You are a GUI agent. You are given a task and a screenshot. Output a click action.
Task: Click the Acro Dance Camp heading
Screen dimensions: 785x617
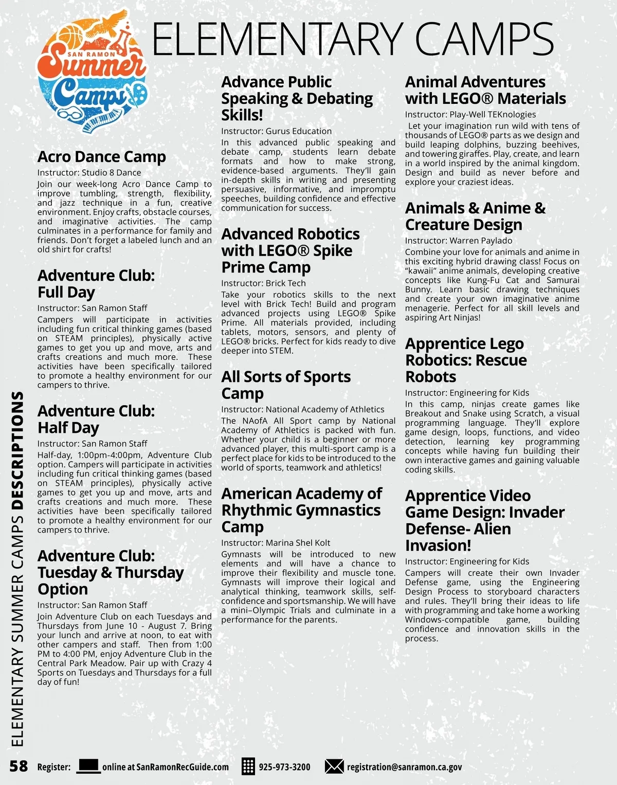(102, 157)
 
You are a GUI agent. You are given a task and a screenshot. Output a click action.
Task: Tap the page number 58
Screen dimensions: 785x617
(19, 766)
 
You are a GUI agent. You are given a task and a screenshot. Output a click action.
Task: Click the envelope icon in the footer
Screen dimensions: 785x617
(334, 766)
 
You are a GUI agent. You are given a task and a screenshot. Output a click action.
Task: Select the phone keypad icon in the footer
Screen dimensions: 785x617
(248, 766)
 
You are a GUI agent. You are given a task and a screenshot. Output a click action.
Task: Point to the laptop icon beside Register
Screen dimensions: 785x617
(88, 766)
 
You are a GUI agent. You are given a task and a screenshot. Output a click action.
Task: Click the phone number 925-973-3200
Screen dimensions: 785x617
(284, 767)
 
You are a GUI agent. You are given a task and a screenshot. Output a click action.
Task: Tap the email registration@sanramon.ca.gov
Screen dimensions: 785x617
(404, 767)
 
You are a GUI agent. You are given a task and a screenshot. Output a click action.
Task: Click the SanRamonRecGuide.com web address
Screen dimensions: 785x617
(166, 767)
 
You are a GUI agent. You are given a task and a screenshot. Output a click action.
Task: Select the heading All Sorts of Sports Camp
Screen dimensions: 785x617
(285, 385)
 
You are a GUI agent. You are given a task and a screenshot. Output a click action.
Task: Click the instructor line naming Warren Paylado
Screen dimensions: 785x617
(458, 241)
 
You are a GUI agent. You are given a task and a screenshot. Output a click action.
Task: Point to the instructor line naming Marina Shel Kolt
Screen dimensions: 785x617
(276, 543)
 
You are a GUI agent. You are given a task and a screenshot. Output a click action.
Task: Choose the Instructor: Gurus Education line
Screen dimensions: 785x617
(276, 131)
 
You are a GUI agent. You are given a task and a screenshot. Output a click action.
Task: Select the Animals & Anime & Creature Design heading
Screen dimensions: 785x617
(475, 216)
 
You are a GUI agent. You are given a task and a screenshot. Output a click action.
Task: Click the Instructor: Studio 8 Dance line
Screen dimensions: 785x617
(89, 173)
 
